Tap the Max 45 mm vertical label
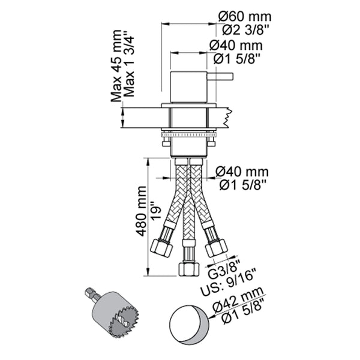[x=119, y=67]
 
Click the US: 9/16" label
[x=231, y=277]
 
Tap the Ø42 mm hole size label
[x=241, y=304]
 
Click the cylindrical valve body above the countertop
[x=188, y=88]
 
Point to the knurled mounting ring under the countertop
[x=188, y=134]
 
